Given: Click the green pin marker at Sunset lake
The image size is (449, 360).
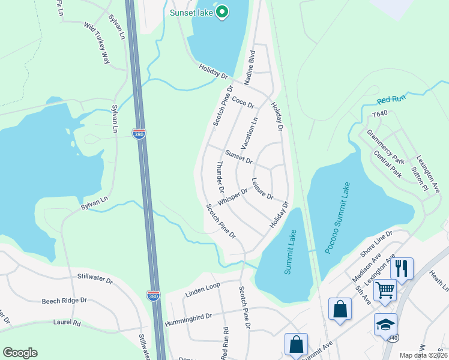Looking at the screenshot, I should click(223, 11).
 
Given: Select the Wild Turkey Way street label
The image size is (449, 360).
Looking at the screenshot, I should click(98, 43).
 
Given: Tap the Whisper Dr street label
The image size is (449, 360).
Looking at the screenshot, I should click(233, 197).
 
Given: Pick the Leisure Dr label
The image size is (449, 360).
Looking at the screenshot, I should click(262, 188).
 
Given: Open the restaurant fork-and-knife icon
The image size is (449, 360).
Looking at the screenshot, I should click(402, 268).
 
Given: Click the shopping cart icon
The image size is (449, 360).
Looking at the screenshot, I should click(385, 290).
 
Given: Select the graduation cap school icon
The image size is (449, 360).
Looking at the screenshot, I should click(385, 325).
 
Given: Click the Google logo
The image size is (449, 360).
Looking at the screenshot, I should click(20, 352).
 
